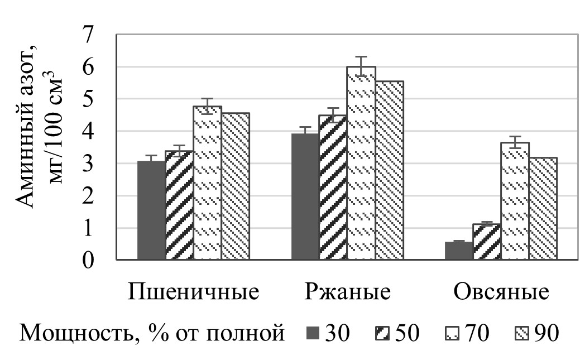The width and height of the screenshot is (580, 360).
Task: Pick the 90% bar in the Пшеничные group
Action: point(235,186)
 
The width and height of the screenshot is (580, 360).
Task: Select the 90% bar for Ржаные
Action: point(389,170)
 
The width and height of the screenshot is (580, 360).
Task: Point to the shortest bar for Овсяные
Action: point(459,251)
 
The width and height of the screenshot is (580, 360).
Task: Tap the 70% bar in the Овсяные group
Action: point(515,201)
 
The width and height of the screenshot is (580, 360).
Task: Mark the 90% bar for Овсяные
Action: point(543,209)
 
